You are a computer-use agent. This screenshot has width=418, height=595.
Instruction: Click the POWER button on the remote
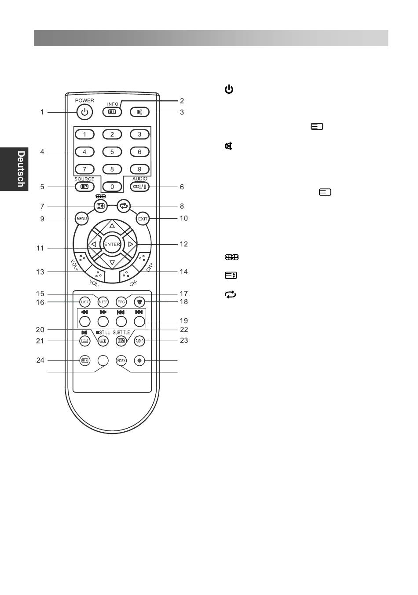(x=84, y=112)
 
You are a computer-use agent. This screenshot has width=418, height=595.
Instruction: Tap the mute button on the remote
(x=140, y=112)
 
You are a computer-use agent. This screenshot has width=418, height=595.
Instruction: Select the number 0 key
(x=112, y=187)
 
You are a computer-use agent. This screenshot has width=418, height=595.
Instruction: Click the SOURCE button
(x=84, y=187)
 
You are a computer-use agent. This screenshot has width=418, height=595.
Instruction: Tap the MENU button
(x=81, y=218)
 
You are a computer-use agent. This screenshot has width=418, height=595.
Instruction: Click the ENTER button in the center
(x=112, y=244)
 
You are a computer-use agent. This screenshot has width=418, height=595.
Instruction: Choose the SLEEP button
(x=103, y=302)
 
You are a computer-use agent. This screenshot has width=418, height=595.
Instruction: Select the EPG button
(x=121, y=302)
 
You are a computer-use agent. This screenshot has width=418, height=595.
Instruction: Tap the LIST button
(x=85, y=302)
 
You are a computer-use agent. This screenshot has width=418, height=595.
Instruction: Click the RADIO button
(x=139, y=340)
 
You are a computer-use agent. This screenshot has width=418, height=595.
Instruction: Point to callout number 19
(x=184, y=321)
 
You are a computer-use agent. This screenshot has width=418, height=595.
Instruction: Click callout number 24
(x=40, y=360)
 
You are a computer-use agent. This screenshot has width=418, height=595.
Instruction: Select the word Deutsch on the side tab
(x=20, y=169)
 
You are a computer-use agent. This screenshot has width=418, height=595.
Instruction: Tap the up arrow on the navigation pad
(x=112, y=225)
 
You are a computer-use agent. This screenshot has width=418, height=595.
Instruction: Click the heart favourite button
(x=139, y=302)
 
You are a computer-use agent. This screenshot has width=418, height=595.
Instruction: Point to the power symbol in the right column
(x=229, y=90)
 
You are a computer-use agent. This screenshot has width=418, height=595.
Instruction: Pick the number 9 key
(x=139, y=169)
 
